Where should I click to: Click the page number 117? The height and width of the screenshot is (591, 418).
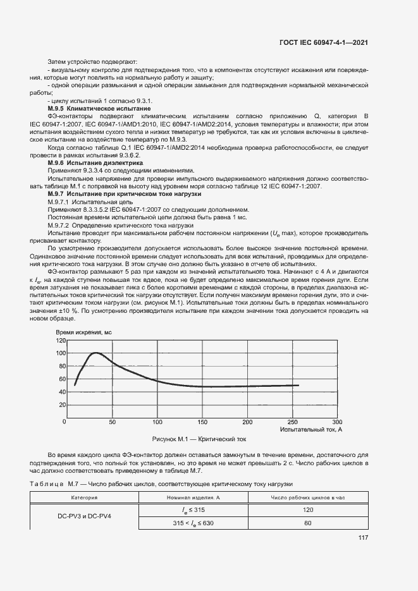(x=362, y=539)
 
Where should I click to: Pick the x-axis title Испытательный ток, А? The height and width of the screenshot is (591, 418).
(x=310, y=429)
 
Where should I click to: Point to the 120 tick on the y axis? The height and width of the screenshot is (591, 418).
(x=61, y=341)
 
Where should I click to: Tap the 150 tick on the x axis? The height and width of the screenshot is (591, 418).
(x=202, y=422)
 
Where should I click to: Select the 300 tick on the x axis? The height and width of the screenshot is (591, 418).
(x=337, y=422)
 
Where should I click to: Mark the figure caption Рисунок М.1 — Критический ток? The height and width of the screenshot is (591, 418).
(x=199, y=438)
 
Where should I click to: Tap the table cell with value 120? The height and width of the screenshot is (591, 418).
(x=308, y=509)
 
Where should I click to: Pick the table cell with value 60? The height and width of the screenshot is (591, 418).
(x=308, y=523)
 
